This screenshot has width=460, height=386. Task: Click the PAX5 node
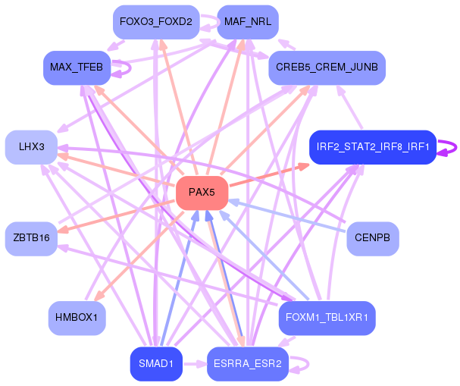(x=202, y=193)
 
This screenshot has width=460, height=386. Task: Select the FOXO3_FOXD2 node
(x=155, y=22)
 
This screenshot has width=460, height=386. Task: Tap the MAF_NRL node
(x=248, y=22)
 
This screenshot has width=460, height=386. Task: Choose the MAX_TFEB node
(x=77, y=67)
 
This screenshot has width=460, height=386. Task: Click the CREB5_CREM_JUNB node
(x=327, y=67)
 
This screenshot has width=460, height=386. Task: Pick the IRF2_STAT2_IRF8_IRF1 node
(x=373, y=146)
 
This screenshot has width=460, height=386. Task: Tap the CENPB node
(x=372, y=238)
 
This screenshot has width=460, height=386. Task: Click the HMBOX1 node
(x=77, y=317)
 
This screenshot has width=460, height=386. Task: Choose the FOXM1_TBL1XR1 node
(x=327, y=317)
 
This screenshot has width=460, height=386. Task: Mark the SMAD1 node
(x=155, y=363)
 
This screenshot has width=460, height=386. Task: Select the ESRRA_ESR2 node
(x=248, y=363)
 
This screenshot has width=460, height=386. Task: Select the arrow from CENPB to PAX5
(x=288, y=215)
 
